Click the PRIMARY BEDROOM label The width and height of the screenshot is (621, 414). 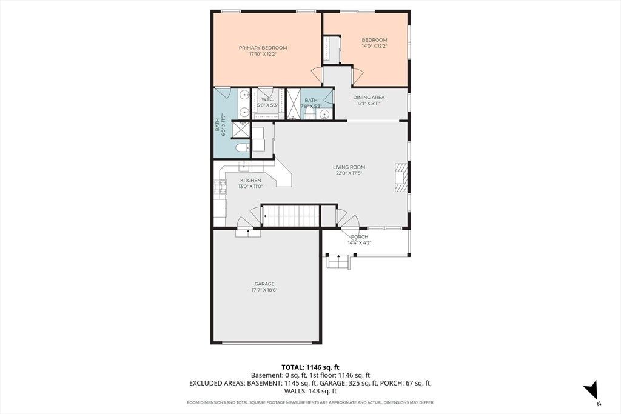coord(263,48)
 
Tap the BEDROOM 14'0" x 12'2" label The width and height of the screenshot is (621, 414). coord(374,43)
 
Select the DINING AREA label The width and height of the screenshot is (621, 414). coord(369,98)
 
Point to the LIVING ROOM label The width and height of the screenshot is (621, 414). coord(349,167)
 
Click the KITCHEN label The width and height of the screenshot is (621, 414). coord(250,181)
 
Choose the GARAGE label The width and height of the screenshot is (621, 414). coord(264,284)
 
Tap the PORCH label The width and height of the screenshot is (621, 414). coord(359,236)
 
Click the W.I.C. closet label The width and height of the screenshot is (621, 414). coord(267,99)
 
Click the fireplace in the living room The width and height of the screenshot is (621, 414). coord(400,178)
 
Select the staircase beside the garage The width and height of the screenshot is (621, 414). coord(290,216)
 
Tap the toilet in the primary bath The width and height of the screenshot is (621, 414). coord(242,148)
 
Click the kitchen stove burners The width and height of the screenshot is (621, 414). coord(220,187)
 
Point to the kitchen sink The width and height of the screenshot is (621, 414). coord(245,166)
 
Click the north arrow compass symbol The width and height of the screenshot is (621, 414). coord(592,390)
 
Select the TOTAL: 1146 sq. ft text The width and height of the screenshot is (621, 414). coord(310,367)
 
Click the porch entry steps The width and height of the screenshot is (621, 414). coord(338,262)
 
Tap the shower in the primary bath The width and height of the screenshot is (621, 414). coord(241,130)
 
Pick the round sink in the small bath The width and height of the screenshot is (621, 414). coord(325,115)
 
